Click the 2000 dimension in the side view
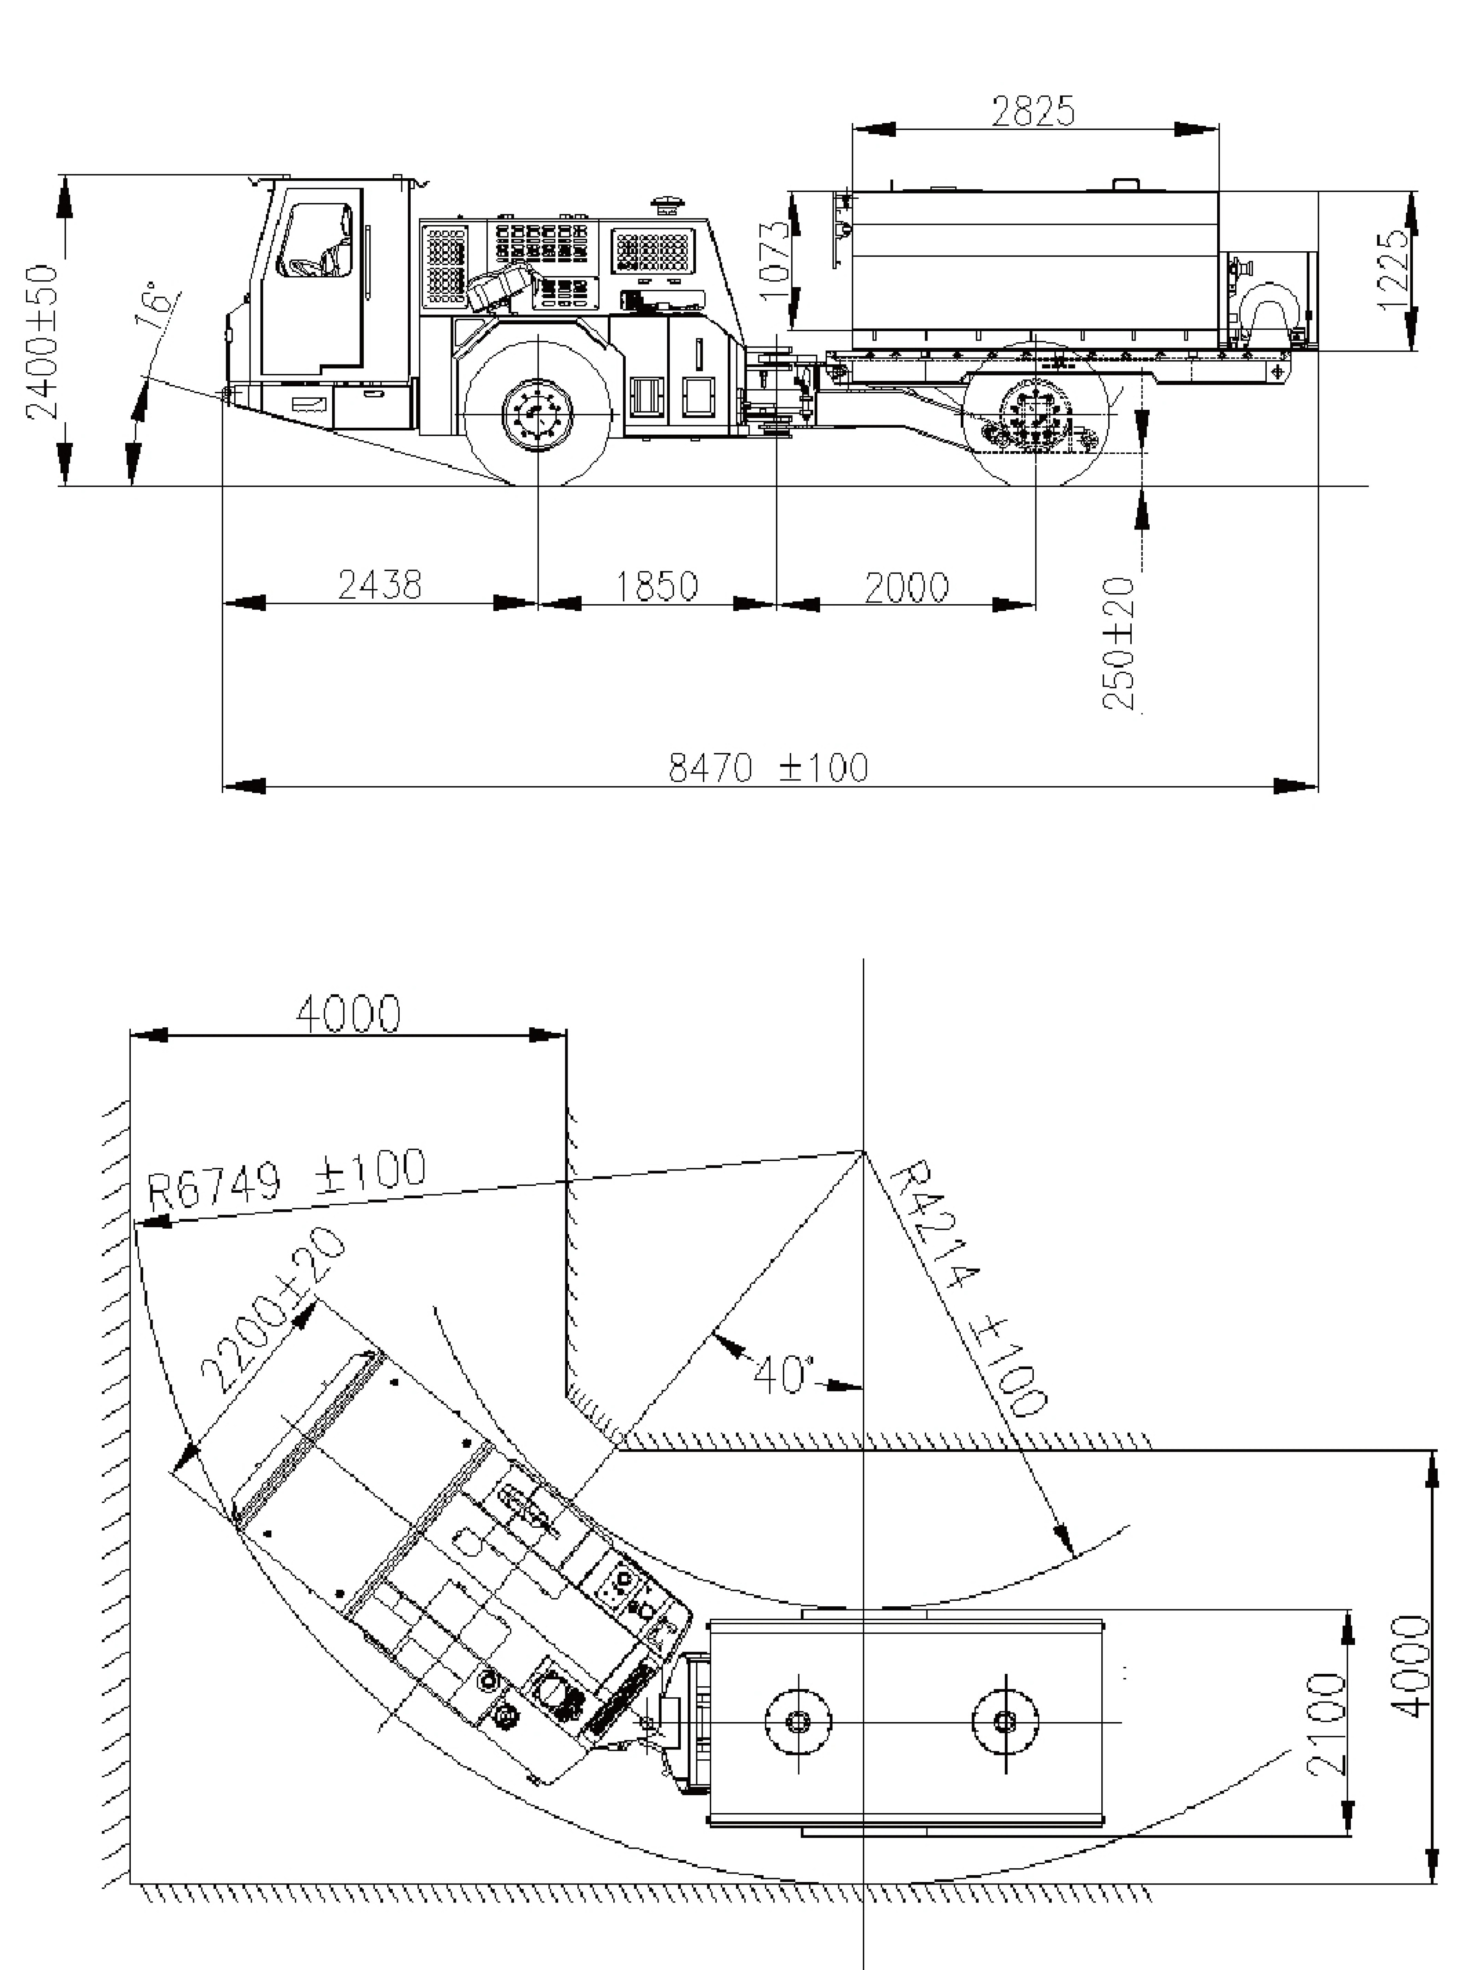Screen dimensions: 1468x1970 pyautogui.click(x=906, y=587)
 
